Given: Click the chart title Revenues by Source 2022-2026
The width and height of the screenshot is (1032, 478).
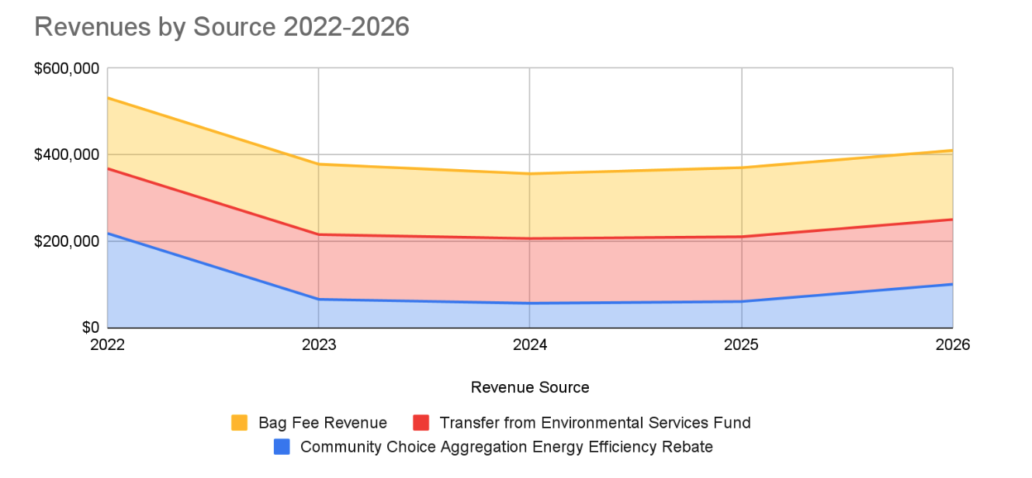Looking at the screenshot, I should click(222, 26).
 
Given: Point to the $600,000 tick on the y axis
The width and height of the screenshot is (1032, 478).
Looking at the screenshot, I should click(67, 68).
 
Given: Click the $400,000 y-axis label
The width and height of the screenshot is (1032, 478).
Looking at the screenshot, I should click(67, 154).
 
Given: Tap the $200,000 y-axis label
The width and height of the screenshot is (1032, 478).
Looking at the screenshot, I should click(67, 241).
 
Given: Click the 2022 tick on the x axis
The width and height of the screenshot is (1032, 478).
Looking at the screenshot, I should click(107, 345).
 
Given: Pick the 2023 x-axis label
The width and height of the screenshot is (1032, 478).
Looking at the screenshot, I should click(319, 345).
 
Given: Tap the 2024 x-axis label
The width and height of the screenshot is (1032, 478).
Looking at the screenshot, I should click(530, 345).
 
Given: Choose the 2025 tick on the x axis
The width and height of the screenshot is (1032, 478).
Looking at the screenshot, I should click(742, 345).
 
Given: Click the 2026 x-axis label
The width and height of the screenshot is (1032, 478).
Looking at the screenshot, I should click(952, 345).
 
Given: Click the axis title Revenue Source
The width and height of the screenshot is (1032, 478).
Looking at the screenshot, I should click(530, 387).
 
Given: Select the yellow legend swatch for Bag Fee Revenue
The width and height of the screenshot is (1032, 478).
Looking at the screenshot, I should click(240, 423).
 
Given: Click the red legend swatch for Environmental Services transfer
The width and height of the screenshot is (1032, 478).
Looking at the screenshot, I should click(421, 423).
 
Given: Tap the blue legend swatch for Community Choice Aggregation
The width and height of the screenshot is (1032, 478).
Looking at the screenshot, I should click(282, 447).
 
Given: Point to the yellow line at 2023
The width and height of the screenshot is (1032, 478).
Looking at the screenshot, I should click(319, 164).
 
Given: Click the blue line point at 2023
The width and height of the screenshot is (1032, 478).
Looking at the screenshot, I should click(319, 300).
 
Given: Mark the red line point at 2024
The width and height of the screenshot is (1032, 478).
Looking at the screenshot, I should click(530, 238).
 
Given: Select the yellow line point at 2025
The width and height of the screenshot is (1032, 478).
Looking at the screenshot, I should click(742, 168).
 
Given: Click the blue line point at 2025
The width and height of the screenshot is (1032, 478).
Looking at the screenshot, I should click(742, 301).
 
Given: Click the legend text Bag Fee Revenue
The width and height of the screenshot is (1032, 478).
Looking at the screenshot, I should click(323, 423).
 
